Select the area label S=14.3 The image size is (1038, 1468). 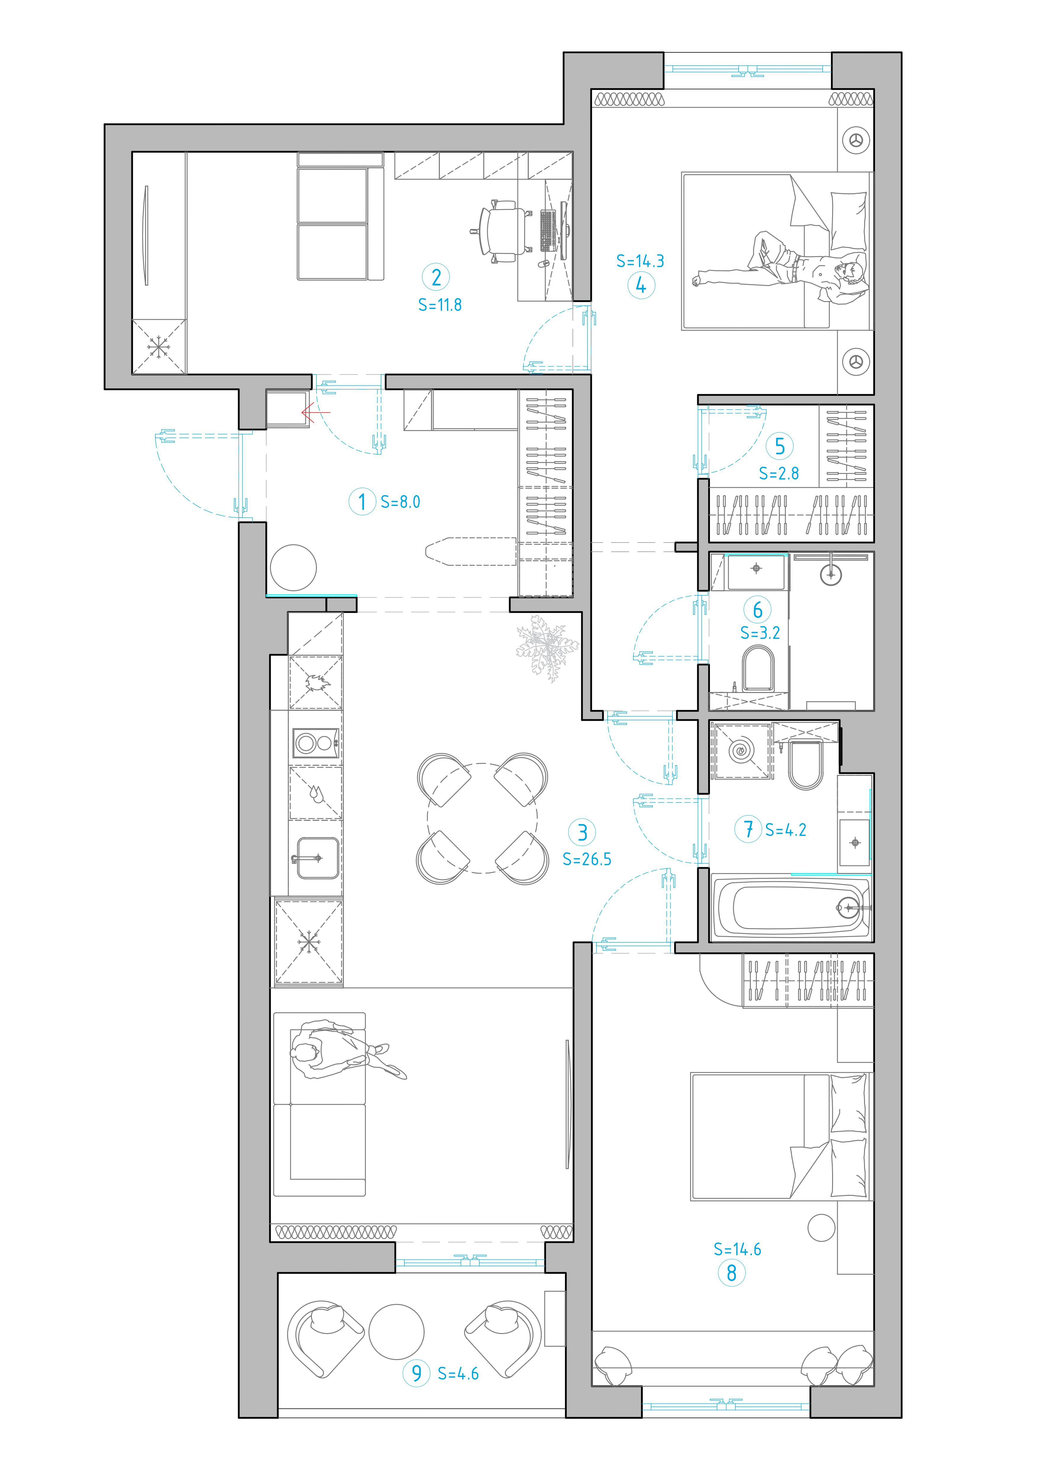click(640, 261)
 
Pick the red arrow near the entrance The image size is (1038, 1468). click(316, 412)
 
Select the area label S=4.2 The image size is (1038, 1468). click(785, 830)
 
